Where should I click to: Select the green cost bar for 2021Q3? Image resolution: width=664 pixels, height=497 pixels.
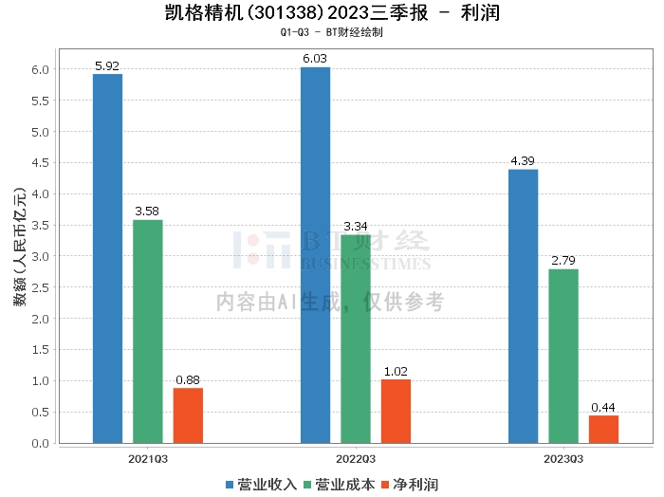[148, 331]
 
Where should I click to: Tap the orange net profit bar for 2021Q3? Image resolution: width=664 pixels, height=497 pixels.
[188, 415]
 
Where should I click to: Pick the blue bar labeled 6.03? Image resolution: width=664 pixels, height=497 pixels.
[315, 255]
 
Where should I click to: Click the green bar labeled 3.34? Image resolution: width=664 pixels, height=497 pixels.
[356, 339]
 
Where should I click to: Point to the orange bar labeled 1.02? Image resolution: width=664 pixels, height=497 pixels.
[396, 411]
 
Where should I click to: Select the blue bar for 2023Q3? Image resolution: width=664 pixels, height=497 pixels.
[523, 305]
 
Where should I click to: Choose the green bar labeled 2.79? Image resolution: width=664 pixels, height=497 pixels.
[563, 356]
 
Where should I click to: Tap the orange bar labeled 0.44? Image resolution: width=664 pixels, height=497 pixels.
[603, 429]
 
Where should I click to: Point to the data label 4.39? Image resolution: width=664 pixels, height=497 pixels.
[523, 161]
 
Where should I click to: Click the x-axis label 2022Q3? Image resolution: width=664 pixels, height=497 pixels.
[356, 458]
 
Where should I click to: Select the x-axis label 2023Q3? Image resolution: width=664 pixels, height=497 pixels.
[563, 458]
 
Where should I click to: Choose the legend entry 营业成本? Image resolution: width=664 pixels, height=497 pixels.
[344, 485]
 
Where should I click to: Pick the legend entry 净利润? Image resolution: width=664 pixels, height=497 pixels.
[414, 485]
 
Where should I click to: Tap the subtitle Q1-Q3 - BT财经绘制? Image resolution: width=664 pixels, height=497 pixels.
[331, 31]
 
